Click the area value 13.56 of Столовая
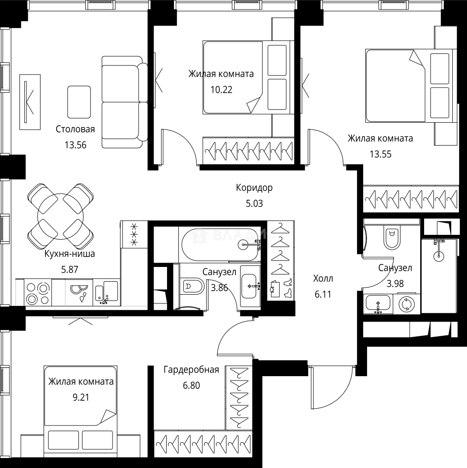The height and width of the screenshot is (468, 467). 75,145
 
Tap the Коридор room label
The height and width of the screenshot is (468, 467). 254,188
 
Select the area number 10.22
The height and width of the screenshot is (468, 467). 221,90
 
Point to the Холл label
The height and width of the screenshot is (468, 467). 323,279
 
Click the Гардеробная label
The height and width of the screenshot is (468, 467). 191,370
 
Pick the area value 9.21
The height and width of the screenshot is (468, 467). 81,397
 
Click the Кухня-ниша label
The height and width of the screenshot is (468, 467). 70,253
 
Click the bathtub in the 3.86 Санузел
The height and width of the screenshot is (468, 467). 220,244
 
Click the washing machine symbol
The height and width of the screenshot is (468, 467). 406,304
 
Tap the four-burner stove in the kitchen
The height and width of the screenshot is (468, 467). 38,293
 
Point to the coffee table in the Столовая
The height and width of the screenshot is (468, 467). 79,102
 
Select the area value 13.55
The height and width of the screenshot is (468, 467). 380,154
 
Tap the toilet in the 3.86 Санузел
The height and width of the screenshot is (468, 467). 192,287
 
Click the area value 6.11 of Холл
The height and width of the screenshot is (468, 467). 323,294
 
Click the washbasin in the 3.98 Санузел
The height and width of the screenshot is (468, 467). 378,304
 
